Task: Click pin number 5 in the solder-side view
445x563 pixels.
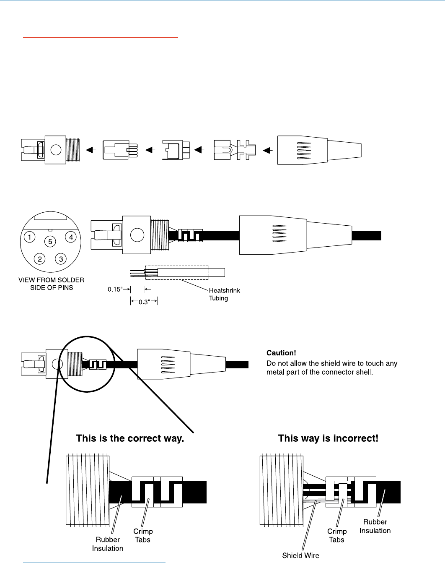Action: pos(50,242)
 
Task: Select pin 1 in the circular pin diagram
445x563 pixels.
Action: pos(30,237)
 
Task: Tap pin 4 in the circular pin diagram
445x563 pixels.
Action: pos(71,237)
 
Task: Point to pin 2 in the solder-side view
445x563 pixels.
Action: pos(40,259)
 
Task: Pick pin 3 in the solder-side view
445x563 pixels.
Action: pos(61,259)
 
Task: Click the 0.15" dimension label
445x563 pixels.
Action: pos(115,289)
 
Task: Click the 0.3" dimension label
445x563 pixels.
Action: pos(144,302)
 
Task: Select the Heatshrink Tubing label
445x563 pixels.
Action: pos(224,294)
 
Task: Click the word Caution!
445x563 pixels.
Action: pos(281,353)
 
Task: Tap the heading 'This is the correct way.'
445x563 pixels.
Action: pos(130,439)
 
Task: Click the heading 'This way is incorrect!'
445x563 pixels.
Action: pos(328,439)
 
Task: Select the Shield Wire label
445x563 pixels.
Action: pos(300,555)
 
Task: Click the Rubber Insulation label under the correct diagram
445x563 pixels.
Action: pos(108,544)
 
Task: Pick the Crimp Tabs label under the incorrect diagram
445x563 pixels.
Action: pos(336,535)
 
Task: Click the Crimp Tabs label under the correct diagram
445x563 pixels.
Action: pos(142,535)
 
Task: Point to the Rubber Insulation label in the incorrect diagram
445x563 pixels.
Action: pos(375,526)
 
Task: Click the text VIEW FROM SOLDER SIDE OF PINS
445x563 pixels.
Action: pos(52,284)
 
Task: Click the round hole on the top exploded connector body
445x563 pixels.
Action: pos(55,149)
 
